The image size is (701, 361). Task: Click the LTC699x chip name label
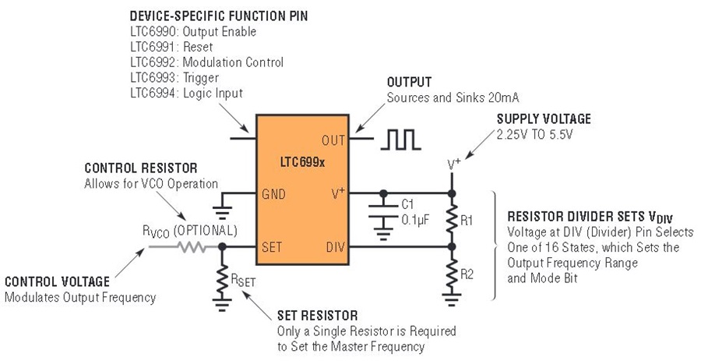(302, 162)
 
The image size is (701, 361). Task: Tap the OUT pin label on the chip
(333, 140)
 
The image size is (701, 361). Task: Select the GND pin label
(273, 194)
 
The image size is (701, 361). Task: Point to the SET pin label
(272, 247)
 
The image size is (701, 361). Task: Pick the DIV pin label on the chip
(335, 247)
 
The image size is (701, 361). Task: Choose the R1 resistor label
(467, 221)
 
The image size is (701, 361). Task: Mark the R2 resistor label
(467, 274)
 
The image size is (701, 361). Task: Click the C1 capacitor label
(407, 204)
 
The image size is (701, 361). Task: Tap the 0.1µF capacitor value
(415, 220)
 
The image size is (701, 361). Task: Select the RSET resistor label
(243, 280)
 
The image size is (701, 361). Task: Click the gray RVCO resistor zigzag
(192, 247)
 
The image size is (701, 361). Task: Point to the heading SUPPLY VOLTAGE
(544, 119)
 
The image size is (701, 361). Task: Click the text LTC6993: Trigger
(174, 77)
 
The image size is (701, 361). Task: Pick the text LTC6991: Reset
(171, 47)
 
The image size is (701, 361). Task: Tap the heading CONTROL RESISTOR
(141, 168)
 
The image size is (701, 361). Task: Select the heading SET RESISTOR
(318, 315)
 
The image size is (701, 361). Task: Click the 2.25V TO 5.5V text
(534, 134)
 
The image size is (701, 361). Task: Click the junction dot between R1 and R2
(452, 246)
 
